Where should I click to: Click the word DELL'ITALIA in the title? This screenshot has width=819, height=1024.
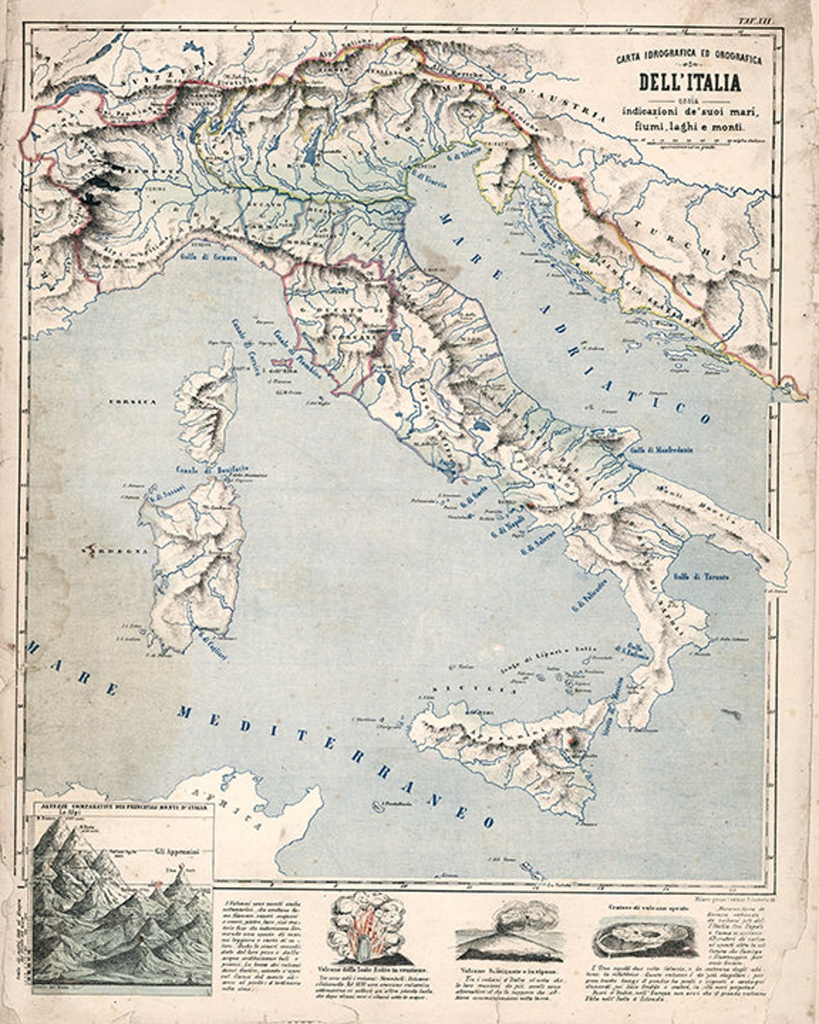(x=690, y=83)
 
